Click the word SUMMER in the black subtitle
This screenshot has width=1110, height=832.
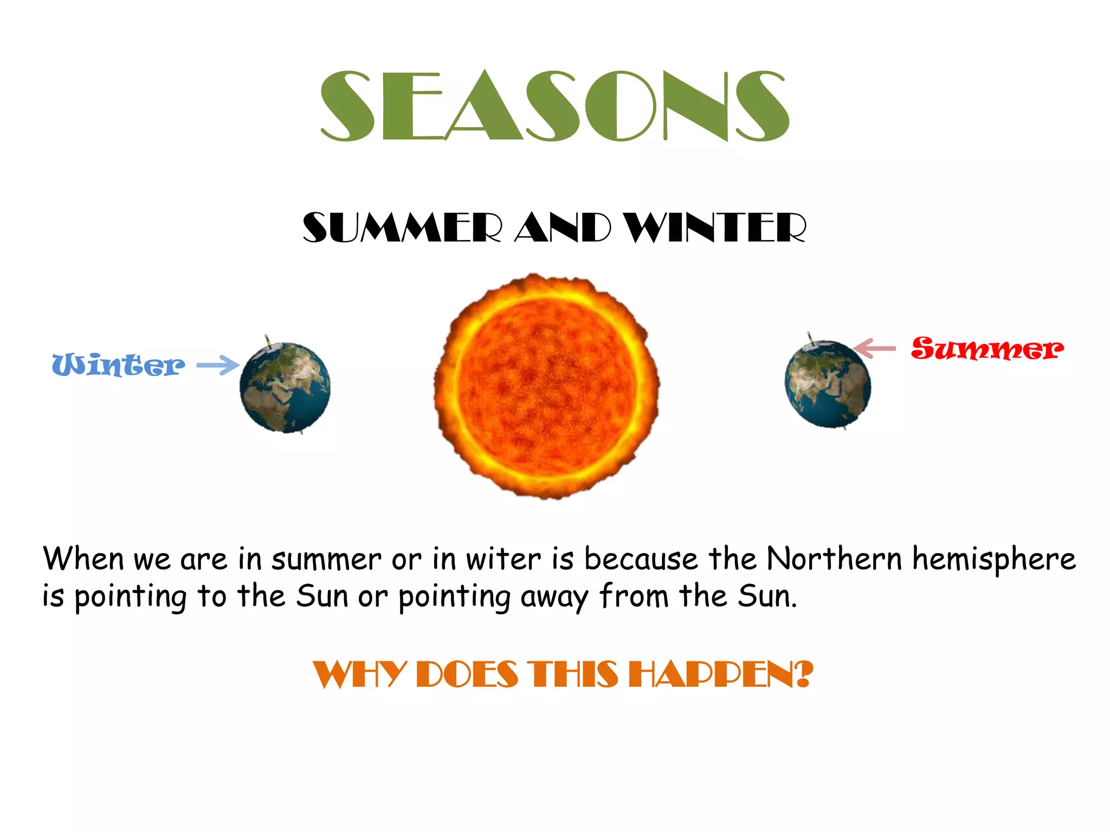pyautogui.click(x=401, y=227)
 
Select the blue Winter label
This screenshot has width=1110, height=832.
pyautogui.click(x=118, y=365)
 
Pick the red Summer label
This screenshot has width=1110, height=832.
pyautogui.click(x=986, y=348)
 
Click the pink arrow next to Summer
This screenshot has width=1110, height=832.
pyautogui.click(x=874, y=348)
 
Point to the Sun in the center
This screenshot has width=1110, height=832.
pyautogui.click(x=546, y=386)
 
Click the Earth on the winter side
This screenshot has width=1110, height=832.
pyautogui.click(x=285, y=388)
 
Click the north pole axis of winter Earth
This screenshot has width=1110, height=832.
pyautogui.click(x=267, y=340)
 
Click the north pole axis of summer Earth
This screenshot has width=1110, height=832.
pyautogui.click(x=810, y=337)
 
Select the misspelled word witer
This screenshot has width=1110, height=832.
pyautogui.click(x=503, y=560)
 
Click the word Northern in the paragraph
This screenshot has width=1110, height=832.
pyautogui.click(x=835, y=558)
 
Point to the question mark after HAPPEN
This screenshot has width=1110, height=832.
pyautogui.click(x=804, y=674)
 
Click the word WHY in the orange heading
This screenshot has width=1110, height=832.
pyautogui.click(x=359, y=675)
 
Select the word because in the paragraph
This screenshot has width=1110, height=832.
pyautogui.click(x=641, y=558)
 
